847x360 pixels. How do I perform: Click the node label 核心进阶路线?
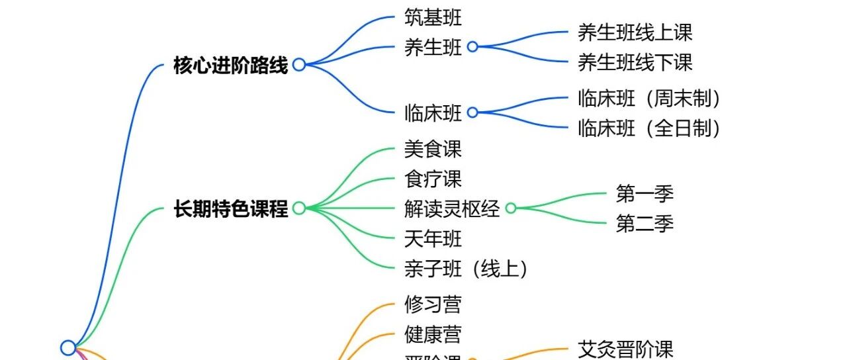[x=230, y=66]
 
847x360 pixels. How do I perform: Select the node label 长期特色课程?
[x=230, y=209]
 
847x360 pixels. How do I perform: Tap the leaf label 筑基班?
[x=433, y=17]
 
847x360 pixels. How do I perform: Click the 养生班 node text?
[x=433, y=47]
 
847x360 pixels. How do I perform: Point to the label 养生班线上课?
[x=635, y=32]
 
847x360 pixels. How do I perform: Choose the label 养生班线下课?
[x=635, y=62]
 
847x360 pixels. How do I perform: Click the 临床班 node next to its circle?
[x=433, y=113]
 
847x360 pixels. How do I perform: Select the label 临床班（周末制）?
[x=648, y=99]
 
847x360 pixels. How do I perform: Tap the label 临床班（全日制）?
[x=648, y=127]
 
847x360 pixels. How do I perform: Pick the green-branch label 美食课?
[x=433, y=149]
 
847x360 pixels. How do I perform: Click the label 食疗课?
[x=433, y=179]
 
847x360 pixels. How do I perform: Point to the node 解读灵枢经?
[x=452, y=209]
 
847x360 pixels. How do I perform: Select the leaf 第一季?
[x=645, y=194]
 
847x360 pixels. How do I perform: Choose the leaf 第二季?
[x=645, y=224]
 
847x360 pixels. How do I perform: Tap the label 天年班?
[x=433, y=238]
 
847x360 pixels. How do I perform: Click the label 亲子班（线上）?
[x=466, y=269]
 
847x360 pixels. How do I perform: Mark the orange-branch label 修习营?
[x=433, y=304]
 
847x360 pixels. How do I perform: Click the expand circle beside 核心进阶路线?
[x=299, y=65]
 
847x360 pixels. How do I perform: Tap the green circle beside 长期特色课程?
[x=299, y=208]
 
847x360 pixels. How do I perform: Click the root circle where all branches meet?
[x=68, y=347]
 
